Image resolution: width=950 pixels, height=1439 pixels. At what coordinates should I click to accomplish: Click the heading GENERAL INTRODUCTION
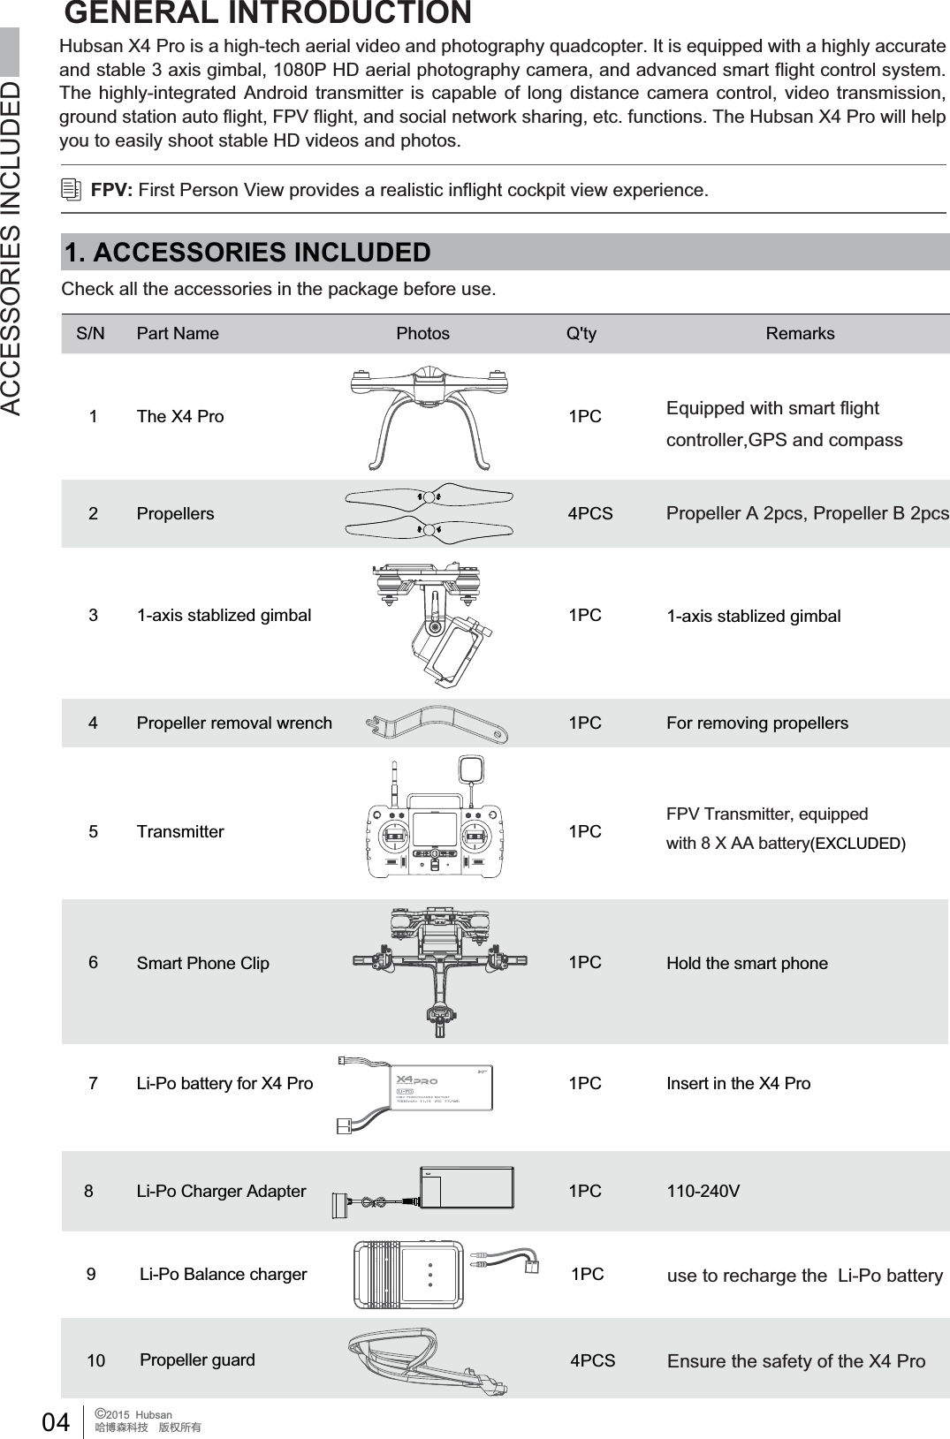pyautogui.click(x=268, y=13)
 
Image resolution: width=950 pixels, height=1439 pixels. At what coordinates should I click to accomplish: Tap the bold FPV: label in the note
pyautogui.click(x=111, y=190)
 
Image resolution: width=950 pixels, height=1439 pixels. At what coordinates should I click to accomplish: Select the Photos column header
pyautogui.click(x=422, y=333)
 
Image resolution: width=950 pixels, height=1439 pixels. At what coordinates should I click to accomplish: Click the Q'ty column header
pyautogui.click(x=581, y=333)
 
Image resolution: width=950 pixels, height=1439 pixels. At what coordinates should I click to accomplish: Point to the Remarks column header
pyautogui.click(x=800, y=333)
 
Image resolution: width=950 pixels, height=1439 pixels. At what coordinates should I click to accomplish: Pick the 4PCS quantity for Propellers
pyautogui.click(x=589, y=513)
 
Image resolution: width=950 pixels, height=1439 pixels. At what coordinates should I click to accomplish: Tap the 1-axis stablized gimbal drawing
pyautogui.click(x=431, y=622)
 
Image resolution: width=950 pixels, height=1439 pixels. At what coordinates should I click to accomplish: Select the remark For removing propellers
pyautogui.click(x=756, y=723)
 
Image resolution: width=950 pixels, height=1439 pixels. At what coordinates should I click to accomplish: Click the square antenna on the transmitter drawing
pyautogui.click(x=470, y=769)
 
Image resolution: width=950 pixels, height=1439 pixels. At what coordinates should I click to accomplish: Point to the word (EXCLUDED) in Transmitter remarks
pyautogui.click(x=858, y=843)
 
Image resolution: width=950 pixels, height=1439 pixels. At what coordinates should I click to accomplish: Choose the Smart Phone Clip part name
pyautogui.click(x=202, y=963)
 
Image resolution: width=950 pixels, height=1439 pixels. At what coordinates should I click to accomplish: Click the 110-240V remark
pyautogui.click(x=703, y=1191)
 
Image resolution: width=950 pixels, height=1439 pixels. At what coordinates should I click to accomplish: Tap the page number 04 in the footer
pyautogui.click(x=56, y=1421)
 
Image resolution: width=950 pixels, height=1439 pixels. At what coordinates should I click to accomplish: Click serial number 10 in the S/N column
pyautogui.click(x=95, y=1360)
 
